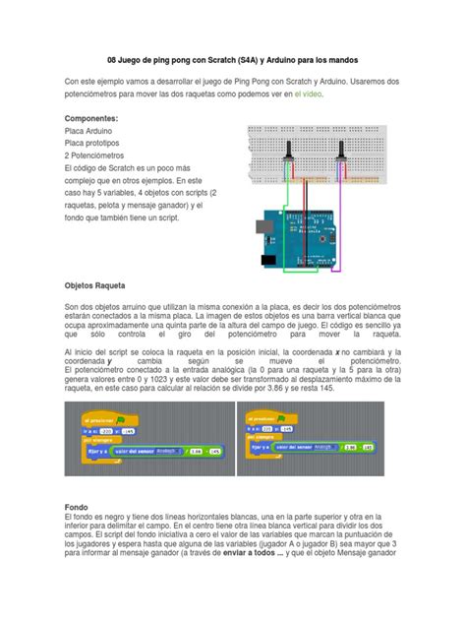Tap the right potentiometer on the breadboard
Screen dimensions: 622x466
pyautogui.click(x=341, y=151)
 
